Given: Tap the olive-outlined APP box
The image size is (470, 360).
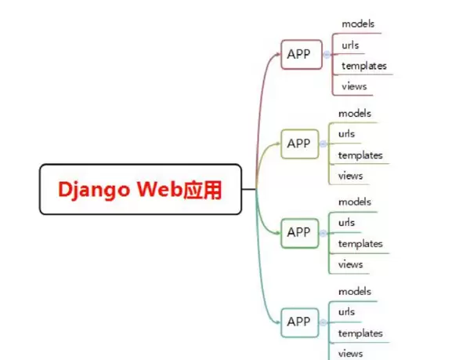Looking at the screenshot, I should pos(299,144).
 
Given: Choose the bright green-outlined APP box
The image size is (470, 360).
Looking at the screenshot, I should pos(299,232).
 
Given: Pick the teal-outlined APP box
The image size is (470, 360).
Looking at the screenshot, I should pos(299,322).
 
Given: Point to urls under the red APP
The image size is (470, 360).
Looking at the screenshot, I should pos(350,45).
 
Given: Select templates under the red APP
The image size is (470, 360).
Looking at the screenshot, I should pos(363,66).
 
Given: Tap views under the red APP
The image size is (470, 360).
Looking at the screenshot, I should pos(354,87).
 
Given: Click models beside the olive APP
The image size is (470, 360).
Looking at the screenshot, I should pos(354,113).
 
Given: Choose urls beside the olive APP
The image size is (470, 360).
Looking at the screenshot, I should pos(346,133).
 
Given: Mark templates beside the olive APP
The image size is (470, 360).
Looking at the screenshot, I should pos(360,155).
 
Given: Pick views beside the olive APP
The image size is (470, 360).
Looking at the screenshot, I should pos(350,176).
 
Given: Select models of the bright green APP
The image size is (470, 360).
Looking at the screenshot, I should pos(354,202).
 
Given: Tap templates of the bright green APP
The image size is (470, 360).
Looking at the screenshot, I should pos(360,244).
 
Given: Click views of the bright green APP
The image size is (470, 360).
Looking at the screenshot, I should pos(350,264).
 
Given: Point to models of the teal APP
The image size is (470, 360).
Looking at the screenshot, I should pos(354,291).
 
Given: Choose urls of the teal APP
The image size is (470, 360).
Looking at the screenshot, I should pos(346,311).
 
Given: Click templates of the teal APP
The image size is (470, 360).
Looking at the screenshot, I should pos(360,333).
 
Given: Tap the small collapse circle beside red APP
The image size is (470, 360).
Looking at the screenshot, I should pos(325,55).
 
